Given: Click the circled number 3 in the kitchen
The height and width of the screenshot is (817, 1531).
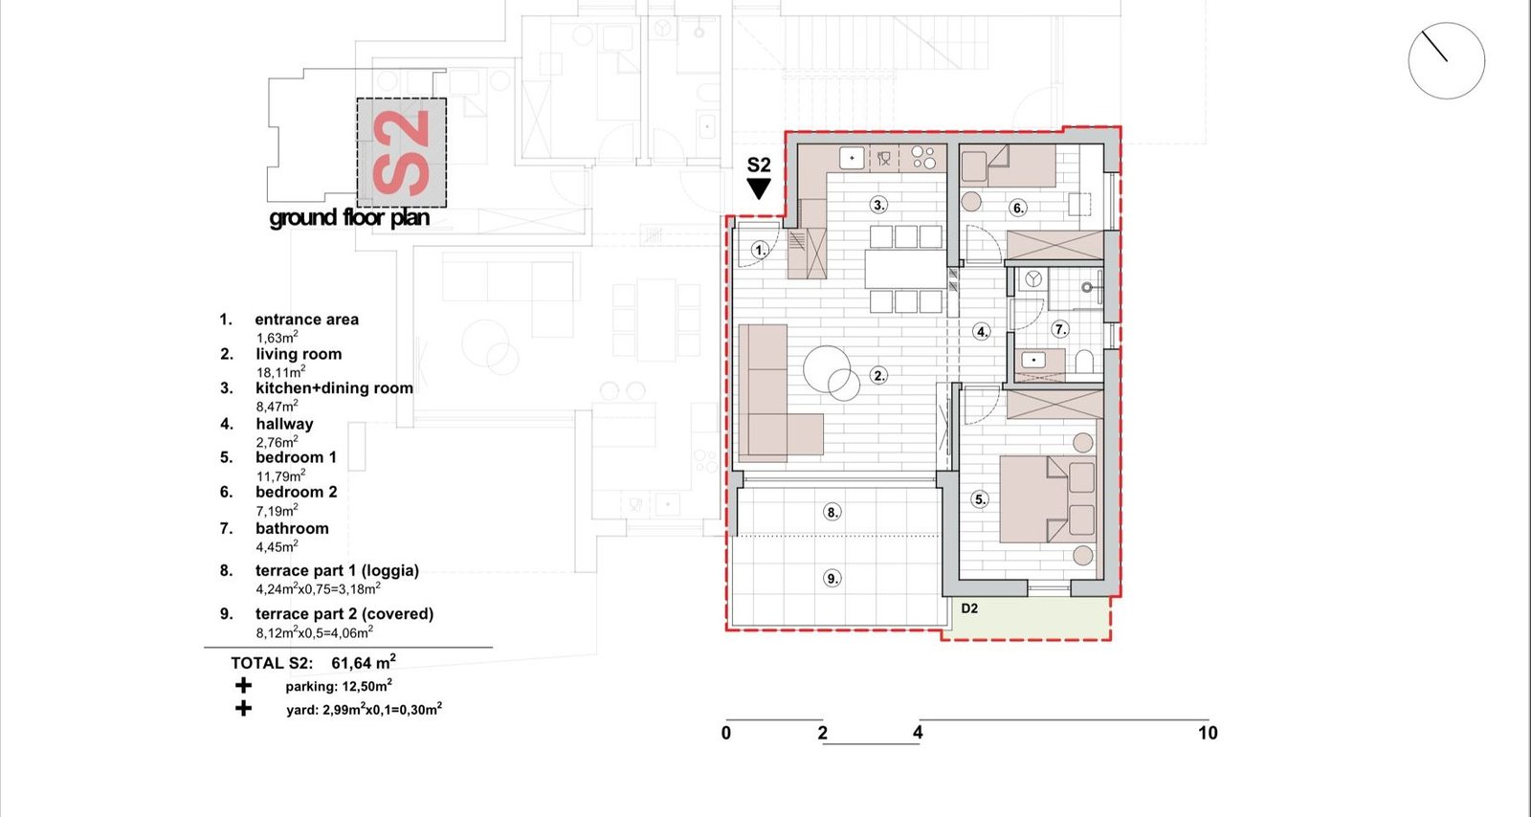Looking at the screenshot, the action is click(x=879, y=205).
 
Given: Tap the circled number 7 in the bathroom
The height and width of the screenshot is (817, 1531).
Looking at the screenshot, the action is click(x=1060, y=330).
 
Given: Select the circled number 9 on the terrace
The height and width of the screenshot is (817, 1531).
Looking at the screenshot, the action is click(x=832, y=579).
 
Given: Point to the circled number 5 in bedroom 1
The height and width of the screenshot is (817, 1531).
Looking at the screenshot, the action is click(x=980, y=499).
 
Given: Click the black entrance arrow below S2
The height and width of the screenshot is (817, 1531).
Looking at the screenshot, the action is click(x=759, y=188).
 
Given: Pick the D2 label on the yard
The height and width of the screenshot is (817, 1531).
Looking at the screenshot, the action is click(x=969, y=608).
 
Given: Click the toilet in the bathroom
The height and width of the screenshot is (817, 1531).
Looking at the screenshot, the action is click(x=1084, y=362).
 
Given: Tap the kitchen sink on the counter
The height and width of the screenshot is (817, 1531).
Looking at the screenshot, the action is click(x=853, y=158).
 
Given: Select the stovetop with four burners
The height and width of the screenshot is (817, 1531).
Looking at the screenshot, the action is click(x=923, y=158).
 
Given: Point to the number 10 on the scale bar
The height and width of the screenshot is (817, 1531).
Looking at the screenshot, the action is click(x=1208, y=733).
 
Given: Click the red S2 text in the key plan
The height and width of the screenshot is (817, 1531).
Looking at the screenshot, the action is click(x=401, y=152).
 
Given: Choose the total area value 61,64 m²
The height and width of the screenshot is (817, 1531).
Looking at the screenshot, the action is click(x=364, y=662).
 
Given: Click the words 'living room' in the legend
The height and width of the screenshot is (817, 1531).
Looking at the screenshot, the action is click(x=299, y=354).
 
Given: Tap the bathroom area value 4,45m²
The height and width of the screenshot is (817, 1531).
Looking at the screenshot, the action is click(x=277, y=546).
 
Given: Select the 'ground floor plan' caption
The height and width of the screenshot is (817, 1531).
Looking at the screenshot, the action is click(x=349, y=218).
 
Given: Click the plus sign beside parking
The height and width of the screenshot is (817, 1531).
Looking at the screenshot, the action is click(x=243, y=685).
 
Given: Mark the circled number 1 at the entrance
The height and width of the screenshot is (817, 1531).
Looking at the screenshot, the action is click(x=760, y=250).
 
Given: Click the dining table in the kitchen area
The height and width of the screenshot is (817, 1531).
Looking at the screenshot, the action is click(x=906, y=270).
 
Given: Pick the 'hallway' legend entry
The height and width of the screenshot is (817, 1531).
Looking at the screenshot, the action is click(x=284, y=424).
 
